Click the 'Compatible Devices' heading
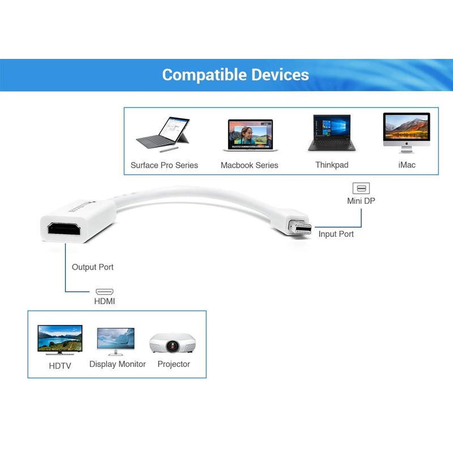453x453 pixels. [236, 75]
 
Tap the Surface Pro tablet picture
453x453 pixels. [163, 134]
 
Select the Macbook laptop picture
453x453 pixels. [250, 135]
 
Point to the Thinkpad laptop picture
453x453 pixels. [332, 133]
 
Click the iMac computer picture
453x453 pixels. [407, 133]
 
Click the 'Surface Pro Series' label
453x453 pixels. [164, 165]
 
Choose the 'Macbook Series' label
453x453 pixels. [249, 165]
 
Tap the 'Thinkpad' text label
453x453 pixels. [332, 165]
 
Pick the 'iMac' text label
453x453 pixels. [407, 165]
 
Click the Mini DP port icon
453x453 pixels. [361, 189]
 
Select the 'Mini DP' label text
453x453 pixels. [361, 201]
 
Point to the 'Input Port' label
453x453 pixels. [336, 234]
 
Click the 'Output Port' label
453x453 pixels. [92, 267]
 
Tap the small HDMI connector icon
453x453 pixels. [104, 292]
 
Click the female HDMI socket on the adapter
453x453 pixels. [64, 229]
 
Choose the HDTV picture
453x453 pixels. [60, 340]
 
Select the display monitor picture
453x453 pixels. [116, 341]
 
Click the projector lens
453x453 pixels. [173, 346]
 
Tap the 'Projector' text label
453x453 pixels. [174, 364]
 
